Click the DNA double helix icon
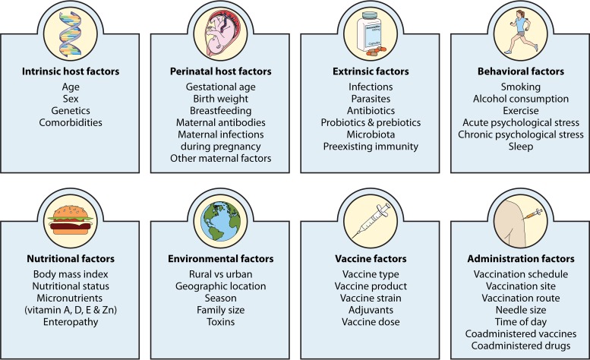[71, 33]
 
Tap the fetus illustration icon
[220, 34]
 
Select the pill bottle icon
[371, 34]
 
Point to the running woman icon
[520, 33]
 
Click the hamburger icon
[71, 220]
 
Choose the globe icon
[220, 221]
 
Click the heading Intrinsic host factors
[71, 71]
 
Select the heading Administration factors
[521, 259]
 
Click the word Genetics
[71, 111]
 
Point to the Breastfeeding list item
[220, 111]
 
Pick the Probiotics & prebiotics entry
[371, 122]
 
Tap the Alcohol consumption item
[521, 99]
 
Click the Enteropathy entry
[71, 322]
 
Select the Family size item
[220, 311]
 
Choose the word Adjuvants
[371, 311]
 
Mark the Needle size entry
[521, 310]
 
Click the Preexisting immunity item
[371, 147]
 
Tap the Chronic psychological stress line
[521, 134]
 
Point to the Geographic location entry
[220, 286]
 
